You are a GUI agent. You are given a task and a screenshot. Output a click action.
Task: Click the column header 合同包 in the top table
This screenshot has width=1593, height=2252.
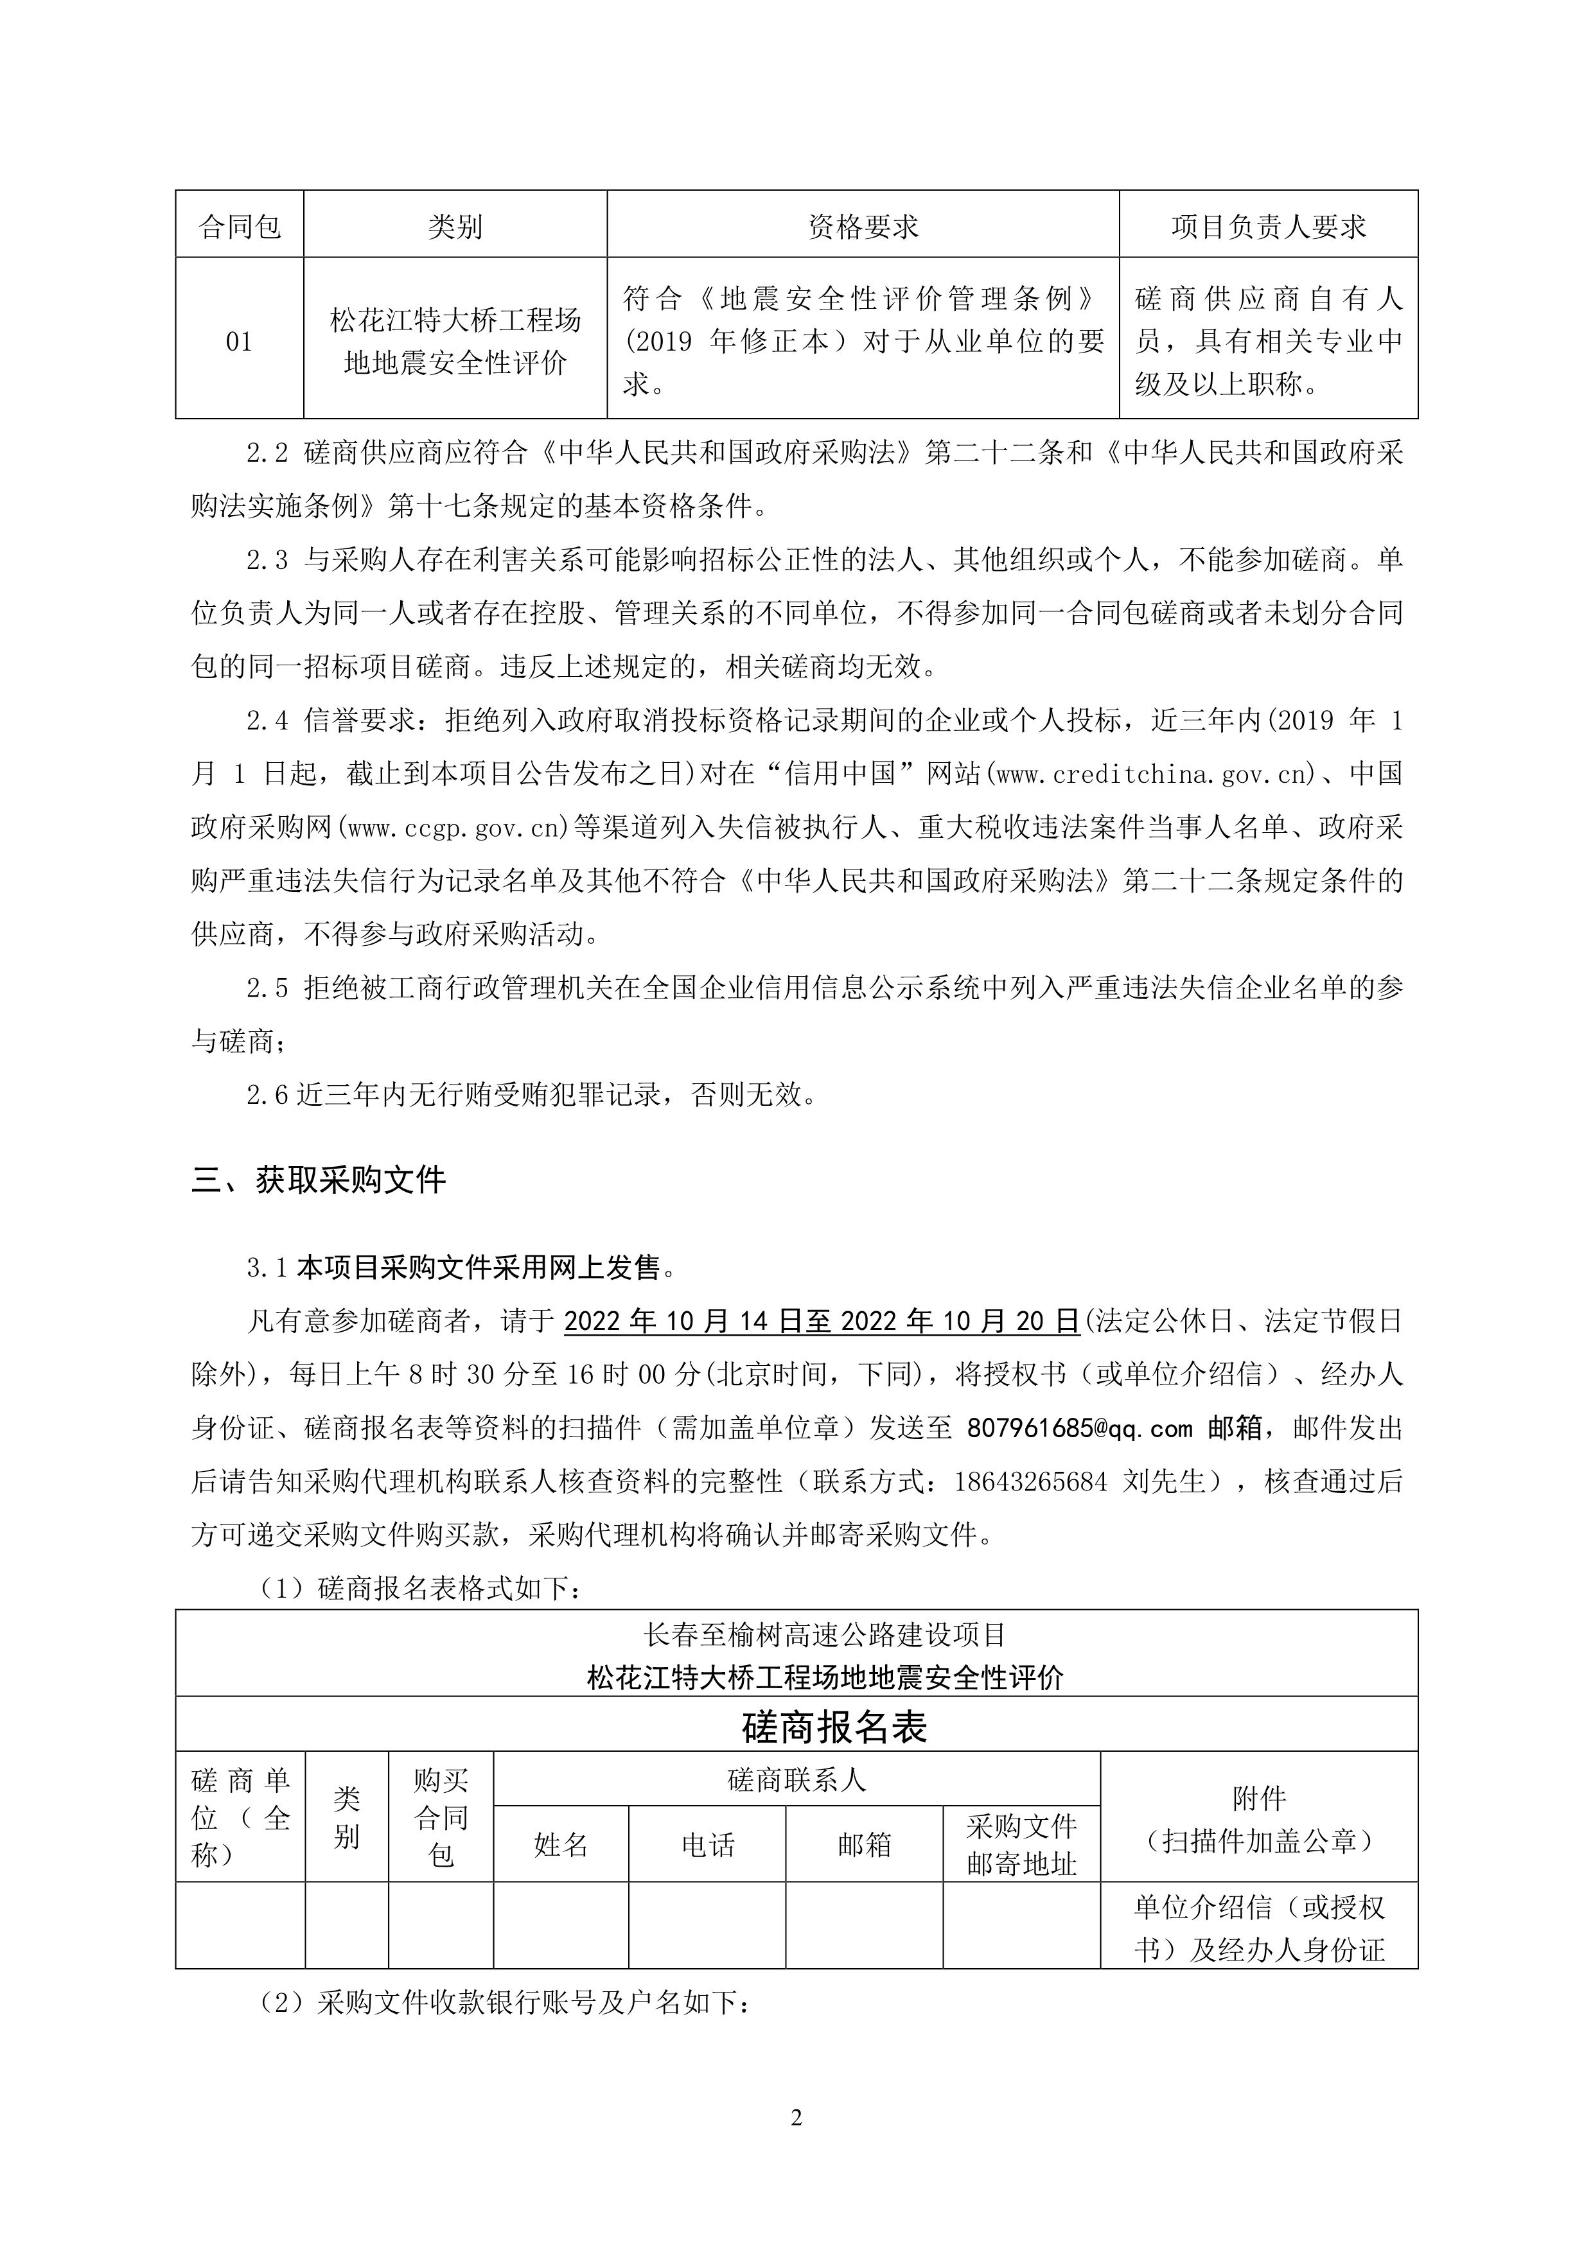click(240, 227)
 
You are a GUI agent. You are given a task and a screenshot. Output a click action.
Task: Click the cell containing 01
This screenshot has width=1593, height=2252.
click(240, 342)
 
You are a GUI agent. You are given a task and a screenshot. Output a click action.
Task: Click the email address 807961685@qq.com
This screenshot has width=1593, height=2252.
click(1079, 1428)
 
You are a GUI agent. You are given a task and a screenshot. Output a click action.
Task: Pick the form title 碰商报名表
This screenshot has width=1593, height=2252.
click(834, 1727)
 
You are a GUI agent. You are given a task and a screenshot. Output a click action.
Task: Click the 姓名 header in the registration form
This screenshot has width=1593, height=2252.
click(560, 1845)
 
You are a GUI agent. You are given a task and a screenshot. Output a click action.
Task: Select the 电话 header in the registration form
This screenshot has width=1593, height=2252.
click(707, 1845)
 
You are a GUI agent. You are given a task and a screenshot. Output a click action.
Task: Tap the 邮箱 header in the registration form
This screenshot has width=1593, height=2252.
click(864, 1845)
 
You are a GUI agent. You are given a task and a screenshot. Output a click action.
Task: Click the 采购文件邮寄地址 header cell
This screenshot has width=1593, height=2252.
click(1021, 1844)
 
